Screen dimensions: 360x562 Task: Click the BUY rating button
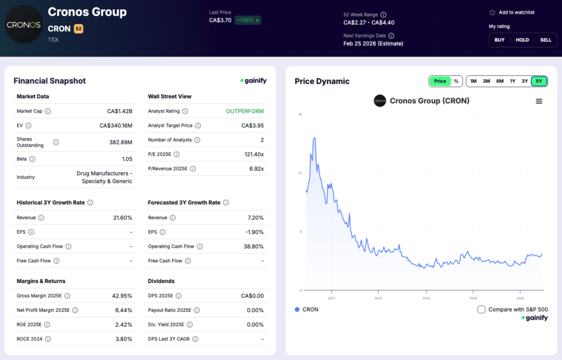(499, 40)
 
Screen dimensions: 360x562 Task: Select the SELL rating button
(546, 40)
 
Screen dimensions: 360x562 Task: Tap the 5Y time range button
(538, 81)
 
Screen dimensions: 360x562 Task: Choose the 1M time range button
(473, 81)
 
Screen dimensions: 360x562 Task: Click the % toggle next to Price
(456, 81)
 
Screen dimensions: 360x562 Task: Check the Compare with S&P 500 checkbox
(481, 310)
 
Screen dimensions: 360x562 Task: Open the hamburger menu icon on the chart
(539, 101)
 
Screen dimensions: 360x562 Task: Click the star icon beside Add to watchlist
(492, 12)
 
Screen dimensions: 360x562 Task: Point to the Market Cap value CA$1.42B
(120, 111)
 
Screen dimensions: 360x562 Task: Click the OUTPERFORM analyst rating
(245, 111)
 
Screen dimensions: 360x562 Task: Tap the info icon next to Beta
(32, 159)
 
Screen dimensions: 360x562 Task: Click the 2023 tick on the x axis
(426, 298)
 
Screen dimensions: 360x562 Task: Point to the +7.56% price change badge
(248, 20)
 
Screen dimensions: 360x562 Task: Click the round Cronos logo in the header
(23, 25)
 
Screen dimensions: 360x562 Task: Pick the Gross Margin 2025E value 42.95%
(120, 296)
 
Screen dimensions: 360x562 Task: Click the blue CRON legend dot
(297, 310)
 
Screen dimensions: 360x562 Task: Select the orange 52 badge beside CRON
(78, 29)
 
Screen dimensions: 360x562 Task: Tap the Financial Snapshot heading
(49, 81)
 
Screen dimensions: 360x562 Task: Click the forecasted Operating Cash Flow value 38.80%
(252, 246)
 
